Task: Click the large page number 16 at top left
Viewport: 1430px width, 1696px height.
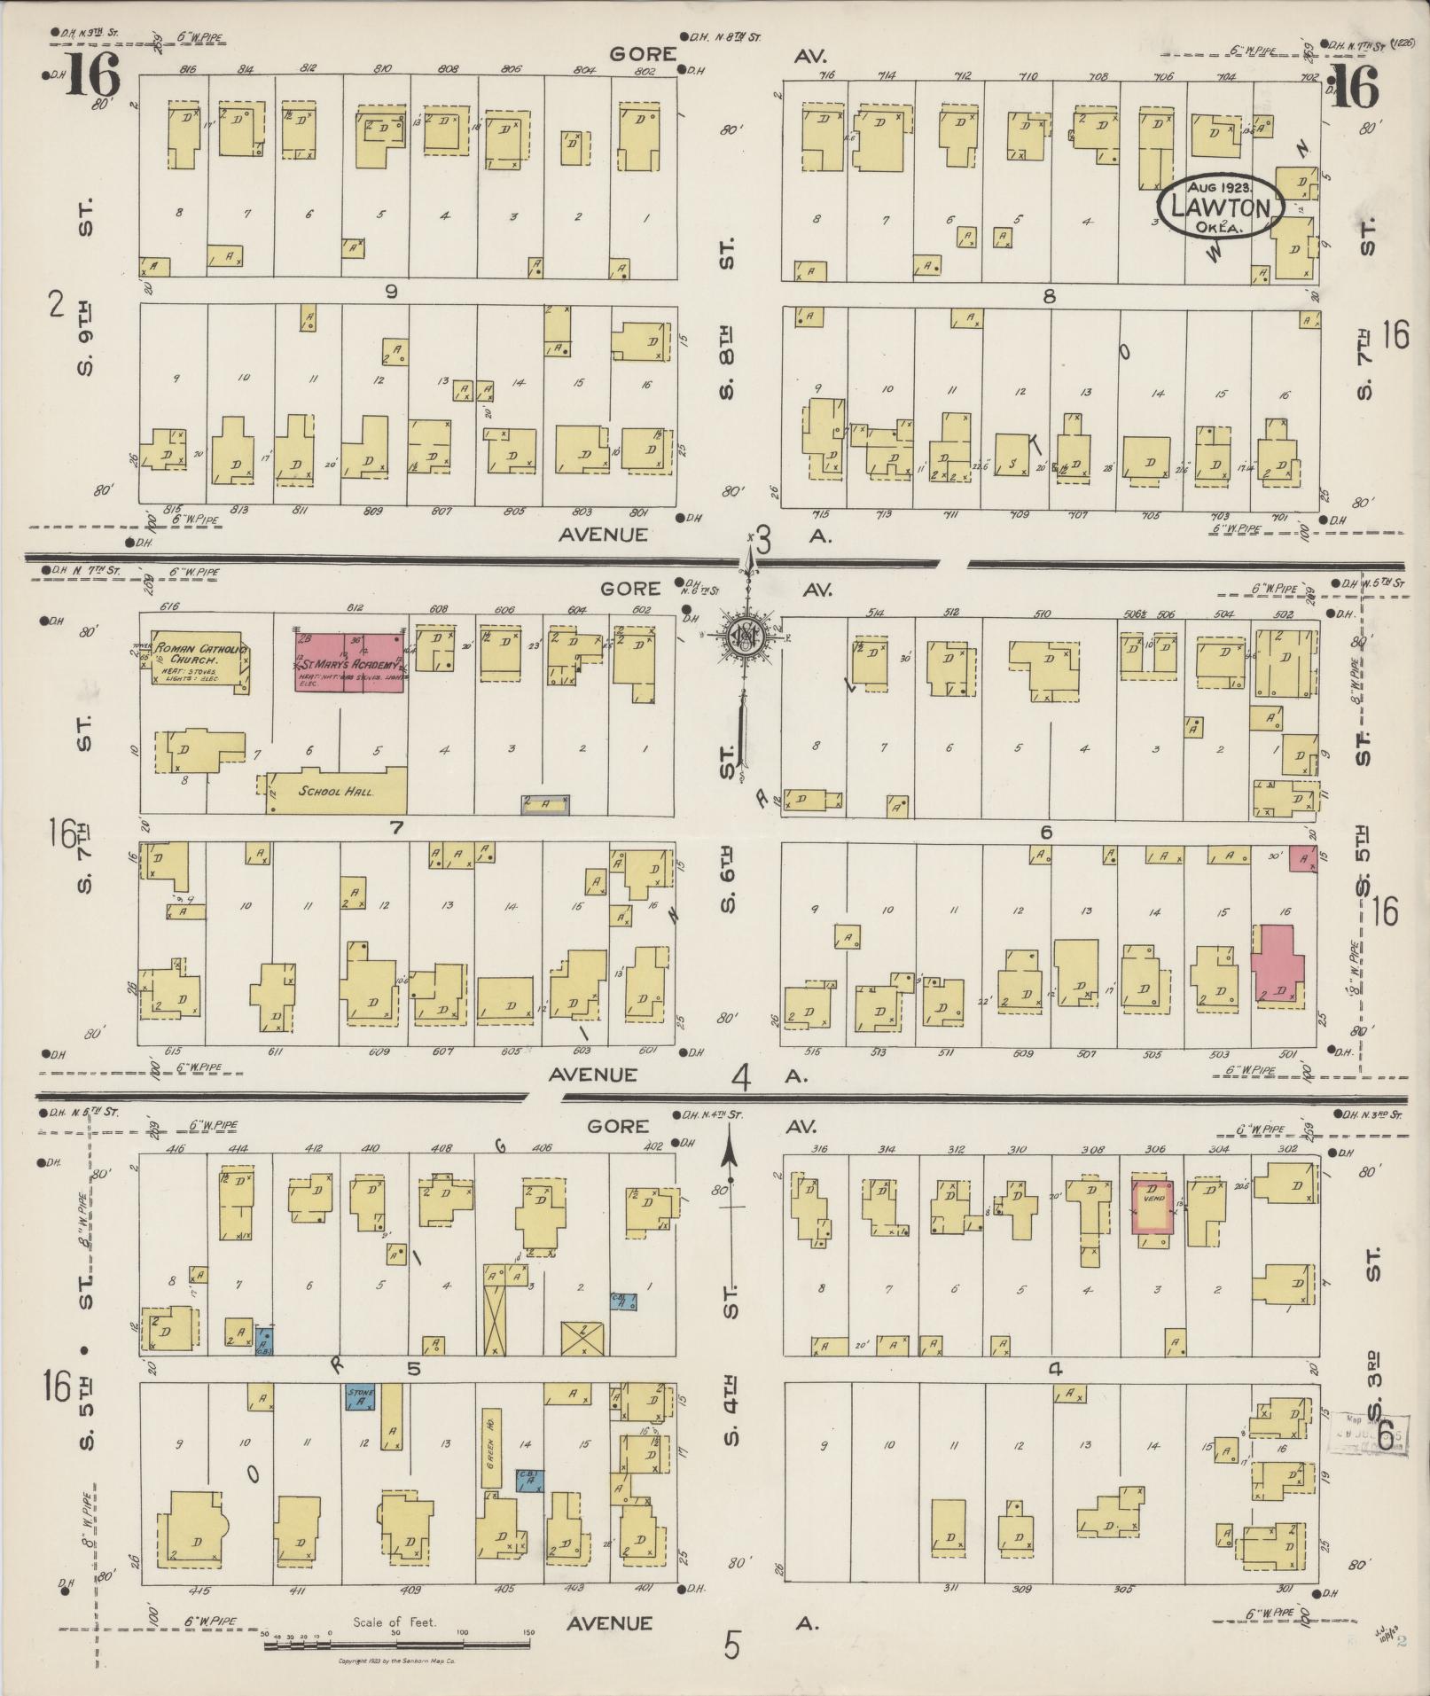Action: [91, 76]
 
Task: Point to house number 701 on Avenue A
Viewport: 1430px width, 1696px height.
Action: [1278, 516]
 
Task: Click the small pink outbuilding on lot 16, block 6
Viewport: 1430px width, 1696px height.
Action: [1302, 858]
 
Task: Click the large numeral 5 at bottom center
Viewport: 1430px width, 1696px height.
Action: [732, 1645]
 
